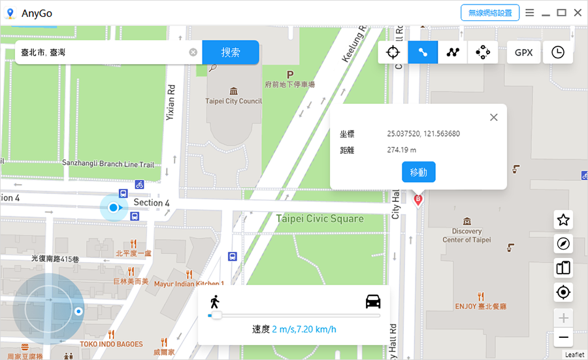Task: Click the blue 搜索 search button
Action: (230, 52)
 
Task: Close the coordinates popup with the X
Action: (494, 118)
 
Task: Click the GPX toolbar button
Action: (523, 53)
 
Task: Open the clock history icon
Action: (557, 53)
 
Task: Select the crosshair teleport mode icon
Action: (393, 53)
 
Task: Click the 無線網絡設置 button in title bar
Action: (490, 12)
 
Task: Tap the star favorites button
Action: (563, 220)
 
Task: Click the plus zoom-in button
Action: (563, 319)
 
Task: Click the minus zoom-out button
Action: (563, 338)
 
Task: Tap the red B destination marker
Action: (418, 199)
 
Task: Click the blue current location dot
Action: (114, 208)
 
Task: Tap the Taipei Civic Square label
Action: (319, 218)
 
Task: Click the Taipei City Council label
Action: (233, 101)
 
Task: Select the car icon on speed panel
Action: (373, 301)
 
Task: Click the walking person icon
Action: (214, 302)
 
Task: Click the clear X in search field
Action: (193, 52)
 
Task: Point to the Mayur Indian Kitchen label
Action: (189, 284)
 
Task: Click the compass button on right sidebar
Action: (563, 244)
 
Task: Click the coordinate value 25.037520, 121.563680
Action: (423, 134)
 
